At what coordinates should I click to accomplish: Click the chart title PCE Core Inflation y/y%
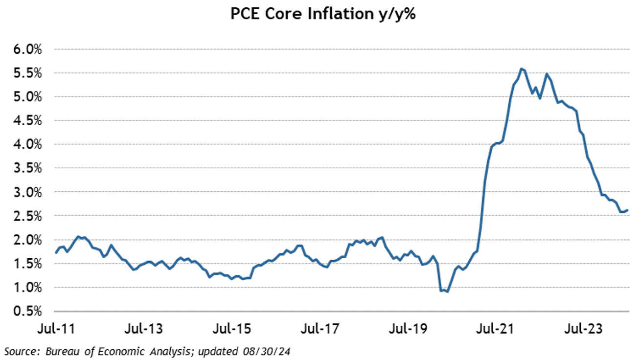323,15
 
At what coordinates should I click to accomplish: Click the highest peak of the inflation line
522,68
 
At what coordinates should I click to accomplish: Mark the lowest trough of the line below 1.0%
447,292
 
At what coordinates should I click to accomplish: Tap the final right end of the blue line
628,210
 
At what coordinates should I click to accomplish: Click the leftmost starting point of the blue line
56,253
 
